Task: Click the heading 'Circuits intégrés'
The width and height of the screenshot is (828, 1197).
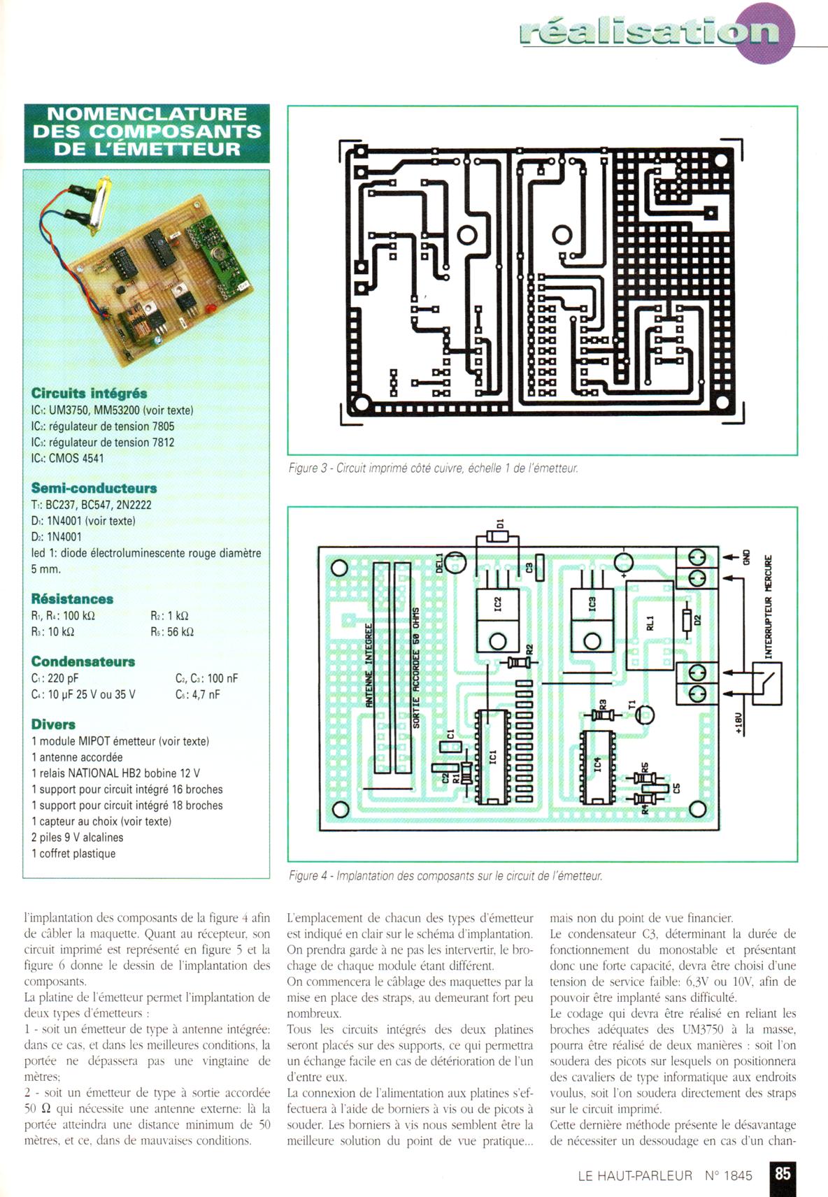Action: tap(89, 394)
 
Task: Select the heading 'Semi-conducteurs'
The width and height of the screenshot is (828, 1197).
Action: tap(94, 488)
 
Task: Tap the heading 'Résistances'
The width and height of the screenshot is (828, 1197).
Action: tap(72, 599)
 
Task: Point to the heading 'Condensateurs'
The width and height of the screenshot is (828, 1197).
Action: tap(83, 661)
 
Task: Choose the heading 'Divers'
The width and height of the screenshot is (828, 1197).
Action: tap(53, 724)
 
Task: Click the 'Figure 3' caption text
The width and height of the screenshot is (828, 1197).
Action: tap(433, 468)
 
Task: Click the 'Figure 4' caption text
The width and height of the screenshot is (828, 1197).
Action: tap(445, 875)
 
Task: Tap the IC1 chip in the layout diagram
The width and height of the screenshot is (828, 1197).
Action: tap(492, 757)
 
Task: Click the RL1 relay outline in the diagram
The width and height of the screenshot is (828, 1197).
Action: tap(649, 624)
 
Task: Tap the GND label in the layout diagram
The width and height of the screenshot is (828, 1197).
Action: tap(747, 558)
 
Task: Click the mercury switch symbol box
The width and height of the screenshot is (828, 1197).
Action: tap(767, 682)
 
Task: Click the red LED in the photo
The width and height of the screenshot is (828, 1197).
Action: tap(208, 309)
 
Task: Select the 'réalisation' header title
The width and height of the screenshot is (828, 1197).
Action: tap(649, 32)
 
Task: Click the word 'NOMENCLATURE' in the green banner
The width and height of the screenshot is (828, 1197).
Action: tap(147, 114)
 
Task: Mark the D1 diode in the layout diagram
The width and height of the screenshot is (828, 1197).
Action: tap(498, 536)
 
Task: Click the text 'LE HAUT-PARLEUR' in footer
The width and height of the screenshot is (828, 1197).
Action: tap(634, 1175)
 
